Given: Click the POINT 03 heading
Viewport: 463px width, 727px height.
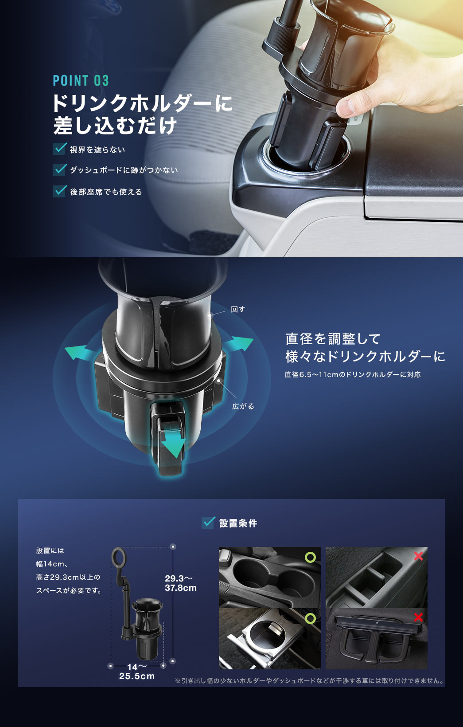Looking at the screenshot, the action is [81, 80].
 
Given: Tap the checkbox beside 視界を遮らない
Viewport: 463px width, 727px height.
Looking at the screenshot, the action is [60, 149].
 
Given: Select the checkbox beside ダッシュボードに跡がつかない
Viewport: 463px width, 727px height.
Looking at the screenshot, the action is [60, 169].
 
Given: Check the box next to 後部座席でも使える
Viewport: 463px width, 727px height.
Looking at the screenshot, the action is [60, 191].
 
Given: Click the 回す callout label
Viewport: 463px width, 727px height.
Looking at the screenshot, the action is [238, 309].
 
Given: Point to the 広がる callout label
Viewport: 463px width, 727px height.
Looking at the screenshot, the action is [243, 406].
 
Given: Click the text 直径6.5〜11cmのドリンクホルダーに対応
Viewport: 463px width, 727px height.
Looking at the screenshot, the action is [352, 374].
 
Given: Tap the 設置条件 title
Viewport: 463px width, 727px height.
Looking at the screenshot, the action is [238, 523].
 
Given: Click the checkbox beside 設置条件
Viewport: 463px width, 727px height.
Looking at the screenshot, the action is [208, 522].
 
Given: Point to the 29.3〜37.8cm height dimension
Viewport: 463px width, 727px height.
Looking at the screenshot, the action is [181, 583].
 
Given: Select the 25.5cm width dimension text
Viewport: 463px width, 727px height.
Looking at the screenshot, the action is [137, 676].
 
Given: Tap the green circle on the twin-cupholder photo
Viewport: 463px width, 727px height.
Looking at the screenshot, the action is [310, 558].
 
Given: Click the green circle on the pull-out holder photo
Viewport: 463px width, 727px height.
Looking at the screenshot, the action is [310, 619].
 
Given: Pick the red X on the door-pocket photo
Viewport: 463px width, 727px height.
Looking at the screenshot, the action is [419, 556].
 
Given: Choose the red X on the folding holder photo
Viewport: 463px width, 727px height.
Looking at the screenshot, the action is [419, 617].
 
